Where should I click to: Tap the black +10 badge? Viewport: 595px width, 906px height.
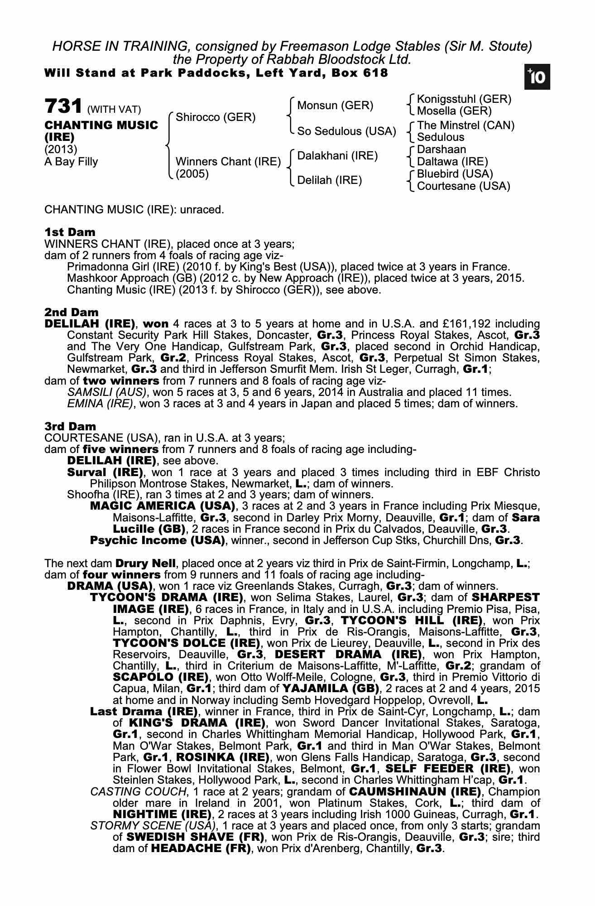(x=537, y=77)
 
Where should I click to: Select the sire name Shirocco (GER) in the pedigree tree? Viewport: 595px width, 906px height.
(x=215, y=118)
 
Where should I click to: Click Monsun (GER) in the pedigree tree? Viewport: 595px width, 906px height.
(x=335, y=106)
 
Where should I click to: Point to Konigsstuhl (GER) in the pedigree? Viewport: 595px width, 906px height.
(x=464, y=99)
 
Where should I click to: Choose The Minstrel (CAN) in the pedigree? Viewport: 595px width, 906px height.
(x=465, y=125)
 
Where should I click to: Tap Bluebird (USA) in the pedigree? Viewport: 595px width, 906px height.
(x=455, y=174)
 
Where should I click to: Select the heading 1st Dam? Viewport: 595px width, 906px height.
(x=70, y=232)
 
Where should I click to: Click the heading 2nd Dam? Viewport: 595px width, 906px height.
(x=71, y=312)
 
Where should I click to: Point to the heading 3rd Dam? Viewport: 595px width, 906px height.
(x=70, y=426)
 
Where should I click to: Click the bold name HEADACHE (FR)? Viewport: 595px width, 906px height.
(x=201, y=848)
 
